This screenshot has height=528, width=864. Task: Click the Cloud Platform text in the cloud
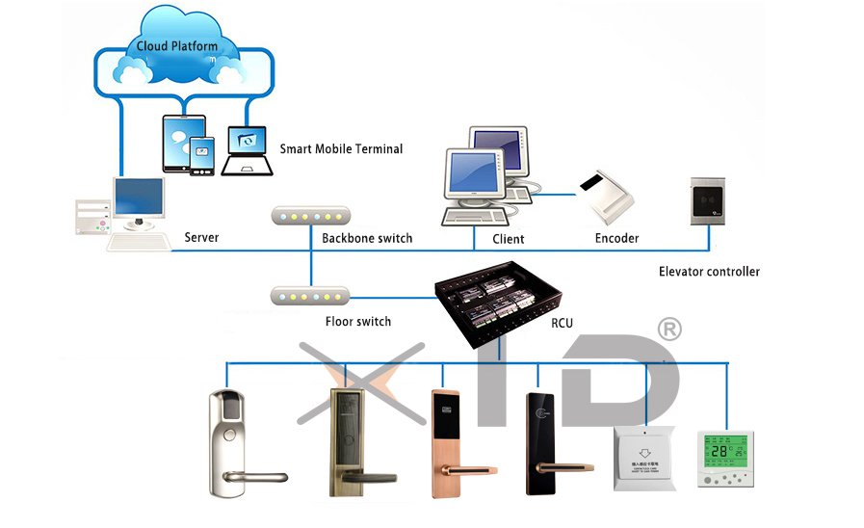(170, 45)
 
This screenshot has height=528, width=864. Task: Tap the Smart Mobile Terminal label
(341, 149)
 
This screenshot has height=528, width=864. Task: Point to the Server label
(201, 237)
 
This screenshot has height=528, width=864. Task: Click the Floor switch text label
(358, 321)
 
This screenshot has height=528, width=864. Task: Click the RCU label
(561, 323)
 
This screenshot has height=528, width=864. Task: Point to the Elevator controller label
(708, 272)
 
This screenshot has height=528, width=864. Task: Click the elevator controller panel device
(709, 201)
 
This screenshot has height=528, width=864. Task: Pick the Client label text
(508, 238)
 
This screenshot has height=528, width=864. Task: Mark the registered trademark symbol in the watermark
(668, 330)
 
